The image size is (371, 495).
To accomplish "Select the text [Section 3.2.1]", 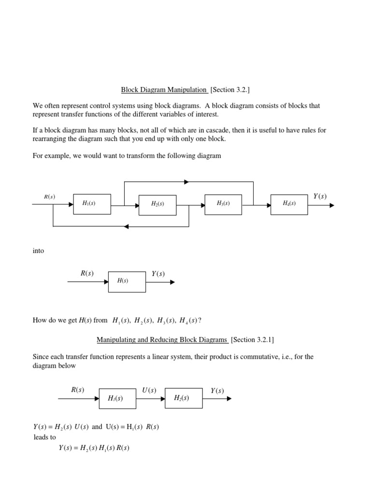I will click(252, 340).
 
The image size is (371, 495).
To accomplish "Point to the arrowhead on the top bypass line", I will click(186, 182).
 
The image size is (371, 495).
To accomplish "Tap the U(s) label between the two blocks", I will click(149, 390).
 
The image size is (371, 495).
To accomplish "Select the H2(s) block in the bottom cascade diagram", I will click(184, 398).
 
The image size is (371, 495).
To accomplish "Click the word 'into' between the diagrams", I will click(38, 251).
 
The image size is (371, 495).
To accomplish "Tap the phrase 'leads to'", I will click(44, 437).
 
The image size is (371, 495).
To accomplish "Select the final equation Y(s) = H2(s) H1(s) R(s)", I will click(94, 448).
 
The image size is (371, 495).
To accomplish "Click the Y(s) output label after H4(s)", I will click(319, 196).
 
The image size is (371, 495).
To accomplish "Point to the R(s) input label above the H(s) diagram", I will click(87, 274).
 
